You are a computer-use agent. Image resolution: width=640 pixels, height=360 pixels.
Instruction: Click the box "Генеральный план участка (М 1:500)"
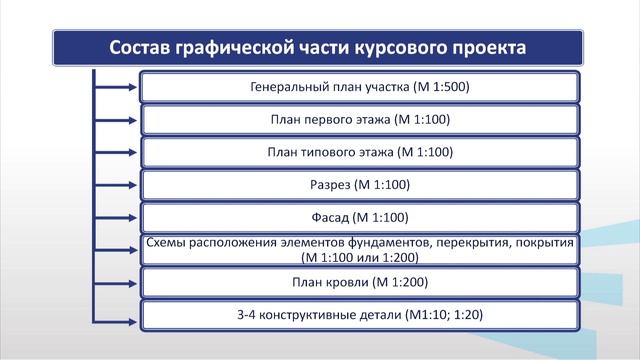pos(360,87)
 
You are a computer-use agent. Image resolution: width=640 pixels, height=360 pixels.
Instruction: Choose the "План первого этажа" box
pos(360,120)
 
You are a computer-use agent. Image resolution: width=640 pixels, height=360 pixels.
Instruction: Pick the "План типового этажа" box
pos(360,153)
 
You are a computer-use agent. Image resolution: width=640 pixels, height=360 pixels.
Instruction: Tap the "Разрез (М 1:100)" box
pos(360,185)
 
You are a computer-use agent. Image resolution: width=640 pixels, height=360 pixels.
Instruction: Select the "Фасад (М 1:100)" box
pos(360,217)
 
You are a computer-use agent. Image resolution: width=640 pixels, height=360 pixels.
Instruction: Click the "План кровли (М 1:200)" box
pos(360,282)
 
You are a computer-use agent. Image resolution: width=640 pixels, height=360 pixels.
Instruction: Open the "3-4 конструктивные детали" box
pos(360,315)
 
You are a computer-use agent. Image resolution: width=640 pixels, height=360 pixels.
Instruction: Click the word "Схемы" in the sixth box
pos(168,243)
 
